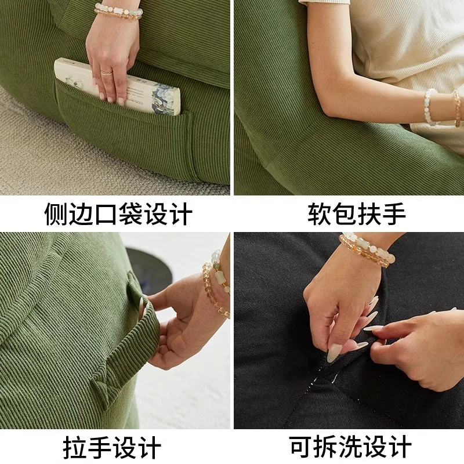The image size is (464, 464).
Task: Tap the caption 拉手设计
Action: [111, 448]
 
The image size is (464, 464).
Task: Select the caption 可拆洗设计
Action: [350, 448]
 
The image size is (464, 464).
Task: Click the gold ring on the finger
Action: [106, 72]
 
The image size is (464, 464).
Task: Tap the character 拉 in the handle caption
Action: [75, 448]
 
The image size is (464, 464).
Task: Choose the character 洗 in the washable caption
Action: [350, 448]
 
